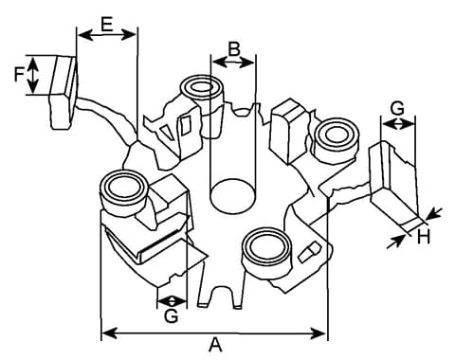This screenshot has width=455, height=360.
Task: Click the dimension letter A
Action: (215, 345)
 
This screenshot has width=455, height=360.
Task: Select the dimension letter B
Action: (234, 49)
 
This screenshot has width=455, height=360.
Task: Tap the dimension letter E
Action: (107, 24)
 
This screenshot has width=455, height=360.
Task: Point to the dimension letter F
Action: (20, 75)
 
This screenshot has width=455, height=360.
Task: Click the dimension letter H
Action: (424, 237)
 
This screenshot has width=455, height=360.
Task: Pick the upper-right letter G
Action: (397, 108)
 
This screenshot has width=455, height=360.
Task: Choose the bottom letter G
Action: (172, 315)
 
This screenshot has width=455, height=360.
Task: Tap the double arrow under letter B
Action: (233, 63)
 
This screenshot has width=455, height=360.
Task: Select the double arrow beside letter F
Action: (33, 75)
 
